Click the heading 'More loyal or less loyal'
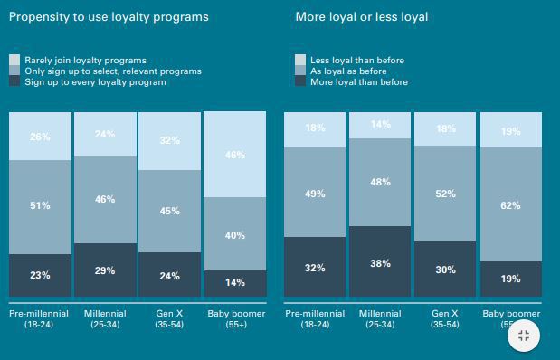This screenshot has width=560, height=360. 362,16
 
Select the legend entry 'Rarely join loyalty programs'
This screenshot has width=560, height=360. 85,61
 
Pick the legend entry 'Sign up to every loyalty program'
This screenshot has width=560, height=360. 94,82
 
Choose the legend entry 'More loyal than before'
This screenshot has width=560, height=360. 358,82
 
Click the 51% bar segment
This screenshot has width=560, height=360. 40,206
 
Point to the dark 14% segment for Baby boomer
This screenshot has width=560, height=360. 235,283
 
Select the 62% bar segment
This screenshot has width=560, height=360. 510,205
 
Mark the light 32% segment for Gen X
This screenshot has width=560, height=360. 170,141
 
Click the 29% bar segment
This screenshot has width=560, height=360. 105,270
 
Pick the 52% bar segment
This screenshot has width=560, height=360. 445,194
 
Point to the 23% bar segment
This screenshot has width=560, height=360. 40,275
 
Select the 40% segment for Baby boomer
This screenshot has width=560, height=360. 235,234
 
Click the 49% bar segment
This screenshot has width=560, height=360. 315,193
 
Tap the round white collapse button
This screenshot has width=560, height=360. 523,336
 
